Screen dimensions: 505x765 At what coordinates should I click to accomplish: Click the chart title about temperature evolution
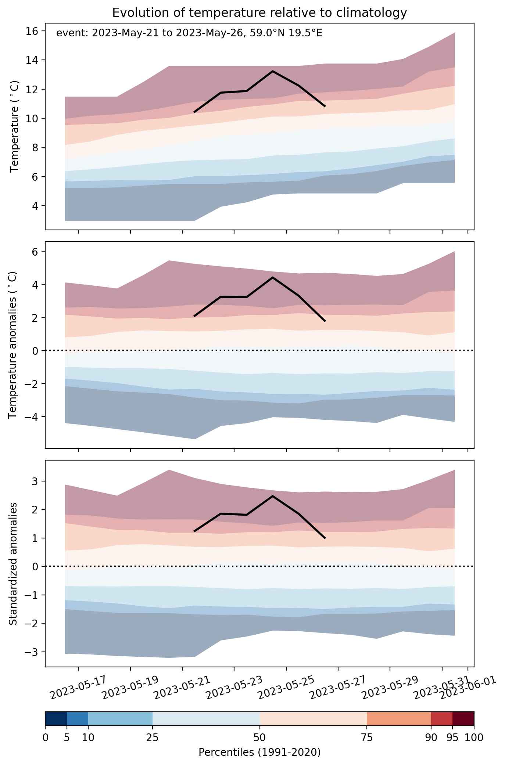click(x=259, y=13)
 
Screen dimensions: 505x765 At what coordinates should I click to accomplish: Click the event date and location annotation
click(x=189, y=33)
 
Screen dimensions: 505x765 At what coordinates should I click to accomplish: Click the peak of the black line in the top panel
click(x=273, y=71)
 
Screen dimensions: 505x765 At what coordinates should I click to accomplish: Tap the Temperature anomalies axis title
click(x=13, y=345)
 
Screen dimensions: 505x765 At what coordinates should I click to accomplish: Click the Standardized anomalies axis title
click(x=13, y=563)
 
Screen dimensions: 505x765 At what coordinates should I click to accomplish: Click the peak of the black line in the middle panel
click(x=273, y=277)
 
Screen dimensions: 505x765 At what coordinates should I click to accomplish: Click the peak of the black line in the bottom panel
click(x=273, y=496)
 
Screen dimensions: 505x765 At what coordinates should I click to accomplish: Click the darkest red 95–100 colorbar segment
click(x=463, y=719)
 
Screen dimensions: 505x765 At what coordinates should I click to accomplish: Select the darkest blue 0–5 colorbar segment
click(x=56, y=719)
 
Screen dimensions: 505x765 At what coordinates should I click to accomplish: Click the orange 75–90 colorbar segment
click(x=399, y=719)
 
